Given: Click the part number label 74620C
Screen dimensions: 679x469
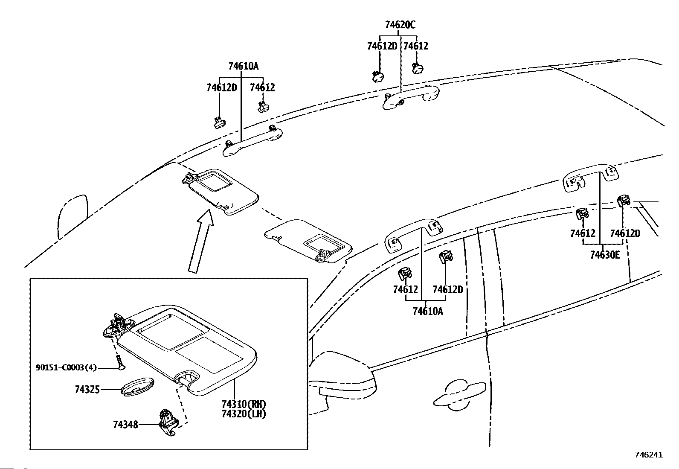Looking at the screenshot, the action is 400,25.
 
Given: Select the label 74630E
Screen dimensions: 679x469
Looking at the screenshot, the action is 605,255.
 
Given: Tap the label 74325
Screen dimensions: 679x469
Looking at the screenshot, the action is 87,390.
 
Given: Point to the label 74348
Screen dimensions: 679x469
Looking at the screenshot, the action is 125,425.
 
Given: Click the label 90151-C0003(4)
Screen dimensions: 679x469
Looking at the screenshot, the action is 66,368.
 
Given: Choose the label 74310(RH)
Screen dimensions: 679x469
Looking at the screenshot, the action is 244,404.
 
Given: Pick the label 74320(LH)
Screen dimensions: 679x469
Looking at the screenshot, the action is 244,414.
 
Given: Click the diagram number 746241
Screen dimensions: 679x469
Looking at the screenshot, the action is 649,455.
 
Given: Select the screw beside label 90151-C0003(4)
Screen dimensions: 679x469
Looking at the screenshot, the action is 120,362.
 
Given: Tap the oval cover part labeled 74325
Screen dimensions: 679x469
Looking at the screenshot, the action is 137,387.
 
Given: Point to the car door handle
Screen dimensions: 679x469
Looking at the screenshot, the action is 459,394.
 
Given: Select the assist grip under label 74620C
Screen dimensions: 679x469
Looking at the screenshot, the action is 411,96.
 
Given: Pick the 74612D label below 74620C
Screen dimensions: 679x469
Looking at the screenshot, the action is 382,46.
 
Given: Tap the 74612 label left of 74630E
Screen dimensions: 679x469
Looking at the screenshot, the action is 583,233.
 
